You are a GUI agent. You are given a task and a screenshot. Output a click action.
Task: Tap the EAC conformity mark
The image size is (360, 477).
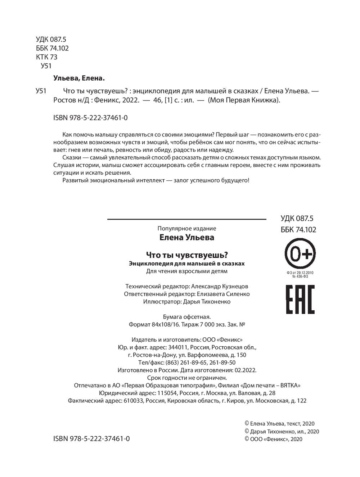[x=300, y=299]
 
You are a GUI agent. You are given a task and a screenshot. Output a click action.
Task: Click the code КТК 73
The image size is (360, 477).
[x=46, y=57]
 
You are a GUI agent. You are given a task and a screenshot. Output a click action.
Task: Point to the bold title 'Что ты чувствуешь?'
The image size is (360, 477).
[x=187, y=255]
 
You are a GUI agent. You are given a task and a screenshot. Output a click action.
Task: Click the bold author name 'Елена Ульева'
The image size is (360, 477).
[x=186, y=237]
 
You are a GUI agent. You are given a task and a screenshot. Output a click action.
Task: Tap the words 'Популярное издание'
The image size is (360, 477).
[x=186, y=228]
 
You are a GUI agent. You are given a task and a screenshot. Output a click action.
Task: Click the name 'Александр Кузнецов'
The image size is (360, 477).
[x=220, y=286]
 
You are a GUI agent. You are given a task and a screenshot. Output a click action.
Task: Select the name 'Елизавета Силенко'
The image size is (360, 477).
[x=223, y=294]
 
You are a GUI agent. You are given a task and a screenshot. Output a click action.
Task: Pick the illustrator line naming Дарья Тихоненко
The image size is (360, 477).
[x=186, y=302]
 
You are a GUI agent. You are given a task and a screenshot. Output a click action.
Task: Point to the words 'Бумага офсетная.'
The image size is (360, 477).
[x=186, y=317]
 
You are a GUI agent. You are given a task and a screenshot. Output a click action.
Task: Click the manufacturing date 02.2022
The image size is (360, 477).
[x=245, y=370]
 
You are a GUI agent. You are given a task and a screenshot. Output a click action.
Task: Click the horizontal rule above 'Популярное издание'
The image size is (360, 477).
[x=186, y=219]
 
